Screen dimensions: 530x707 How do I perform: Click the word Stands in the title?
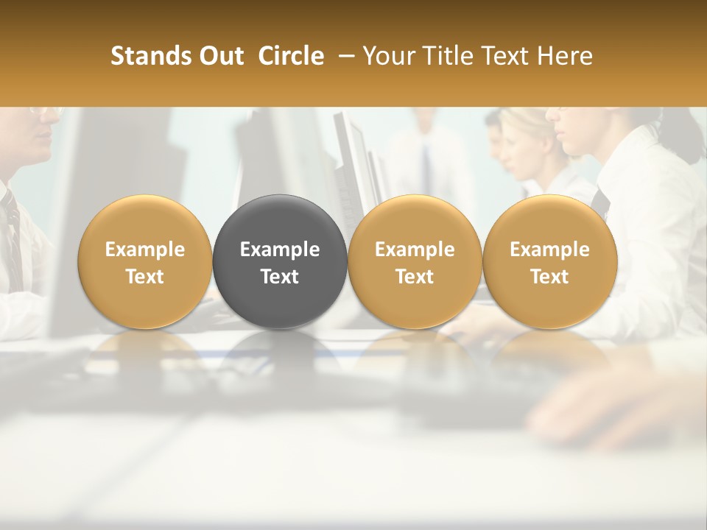tap(147, 56)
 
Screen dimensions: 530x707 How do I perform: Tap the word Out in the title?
tap(219, 56)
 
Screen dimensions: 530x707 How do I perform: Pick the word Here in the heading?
tap(565, 56)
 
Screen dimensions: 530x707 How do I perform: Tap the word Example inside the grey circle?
tap(280, 250)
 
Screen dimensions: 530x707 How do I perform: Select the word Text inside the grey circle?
tap(280, 277)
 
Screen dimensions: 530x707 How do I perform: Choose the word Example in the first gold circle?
tap(144, 250)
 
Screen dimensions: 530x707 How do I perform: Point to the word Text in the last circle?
tap(549, 277)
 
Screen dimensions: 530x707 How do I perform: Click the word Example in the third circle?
tap(415, 250)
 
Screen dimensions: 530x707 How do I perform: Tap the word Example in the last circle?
tap(549, 250)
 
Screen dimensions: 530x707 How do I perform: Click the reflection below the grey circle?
tap(280, 350)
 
